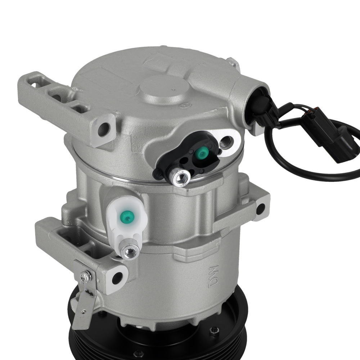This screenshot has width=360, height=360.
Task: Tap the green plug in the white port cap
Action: (128, 216)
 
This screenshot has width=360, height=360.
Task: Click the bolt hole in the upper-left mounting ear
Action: (105, 129)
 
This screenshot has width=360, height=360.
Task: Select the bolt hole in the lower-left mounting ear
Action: (117, 278)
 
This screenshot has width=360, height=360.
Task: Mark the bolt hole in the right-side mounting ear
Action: (260, 208)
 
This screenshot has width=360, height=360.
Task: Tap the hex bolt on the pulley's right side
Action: (215, 330)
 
